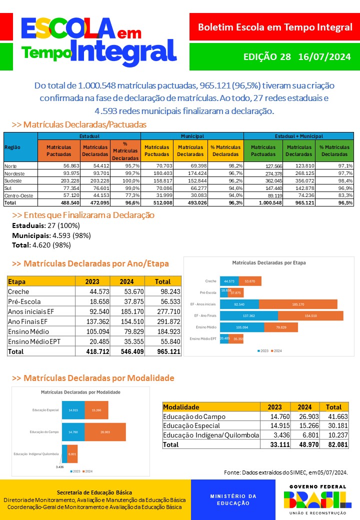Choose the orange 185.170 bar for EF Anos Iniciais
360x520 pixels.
(x=298, y=304)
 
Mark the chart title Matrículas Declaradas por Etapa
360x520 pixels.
(x=268, y=262)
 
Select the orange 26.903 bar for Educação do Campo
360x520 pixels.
(x=105, y=432)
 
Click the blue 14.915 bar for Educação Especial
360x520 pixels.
(x=73, y=410)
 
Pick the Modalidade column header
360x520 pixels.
(x=181, y=407)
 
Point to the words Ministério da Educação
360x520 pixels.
(x=233, y=499)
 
